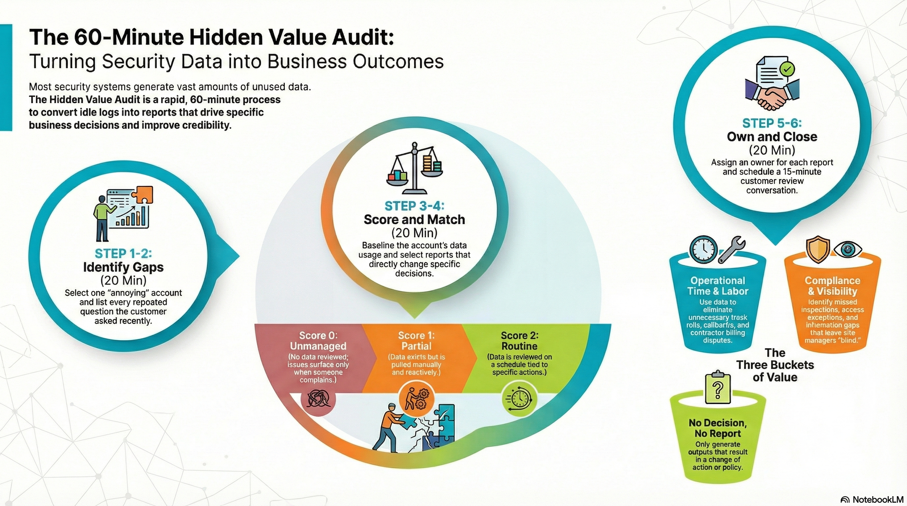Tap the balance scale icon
click(415, 169)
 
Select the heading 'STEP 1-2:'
click(123, 253)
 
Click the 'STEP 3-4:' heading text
click(414, 206)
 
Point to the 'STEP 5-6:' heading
click(772, 123)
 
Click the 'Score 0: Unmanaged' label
click(318, 341)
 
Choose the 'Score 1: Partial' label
click(416, 341)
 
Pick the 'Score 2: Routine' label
click(519, 341)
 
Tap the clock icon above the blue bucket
click(703, 250)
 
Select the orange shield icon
click(817, 249)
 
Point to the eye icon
click(848, 250)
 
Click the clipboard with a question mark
click(717, 388)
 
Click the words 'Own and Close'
click(772, 137)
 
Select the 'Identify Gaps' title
click(123, 267)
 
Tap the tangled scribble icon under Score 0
click(318, 399)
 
